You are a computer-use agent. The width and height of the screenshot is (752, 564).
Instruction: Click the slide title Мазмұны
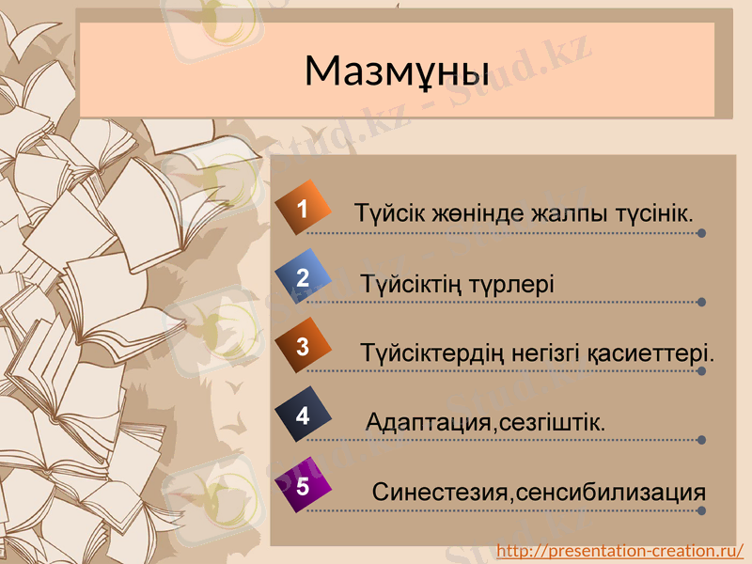[397, 70]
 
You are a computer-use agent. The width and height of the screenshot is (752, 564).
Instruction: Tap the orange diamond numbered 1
[303, 210]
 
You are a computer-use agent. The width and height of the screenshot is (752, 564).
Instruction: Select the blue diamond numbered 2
[303, 277]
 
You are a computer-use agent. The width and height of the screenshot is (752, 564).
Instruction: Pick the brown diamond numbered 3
[303, 346]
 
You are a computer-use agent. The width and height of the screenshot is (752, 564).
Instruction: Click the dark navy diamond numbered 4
[303, 415]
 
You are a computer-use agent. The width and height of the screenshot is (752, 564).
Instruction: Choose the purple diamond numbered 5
[303, 486]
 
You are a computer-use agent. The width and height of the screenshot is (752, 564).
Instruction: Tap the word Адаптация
[429, 423]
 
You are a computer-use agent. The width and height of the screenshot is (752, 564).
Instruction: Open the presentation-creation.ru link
[619, 550]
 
